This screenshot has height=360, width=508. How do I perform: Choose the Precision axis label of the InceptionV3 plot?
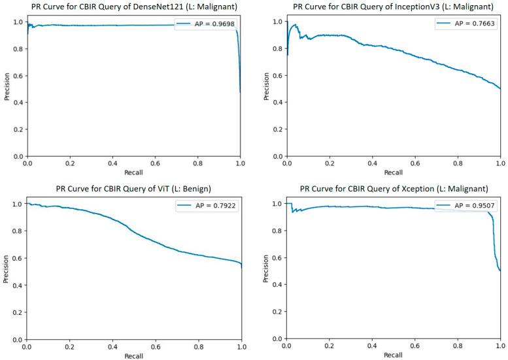[265, 88]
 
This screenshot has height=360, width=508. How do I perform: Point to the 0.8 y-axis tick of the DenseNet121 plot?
[18, 49]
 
